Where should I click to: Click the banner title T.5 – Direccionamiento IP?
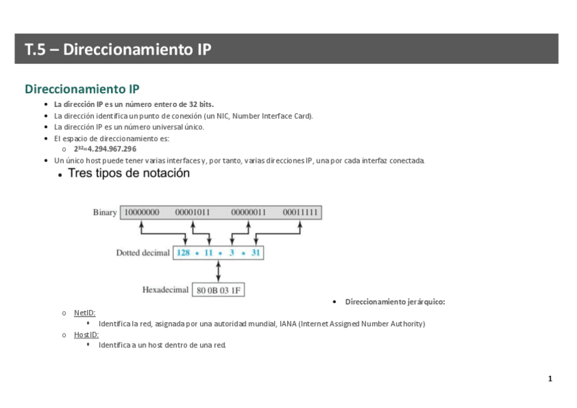118,50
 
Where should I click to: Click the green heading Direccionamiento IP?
82,89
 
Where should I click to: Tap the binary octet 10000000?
142,213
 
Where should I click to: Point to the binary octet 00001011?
193,213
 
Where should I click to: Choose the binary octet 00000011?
248,213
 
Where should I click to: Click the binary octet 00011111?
300,213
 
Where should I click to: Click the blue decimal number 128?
183,253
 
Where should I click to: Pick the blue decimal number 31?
255,253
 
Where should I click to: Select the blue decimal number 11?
208,253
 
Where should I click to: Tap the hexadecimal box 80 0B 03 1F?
218,290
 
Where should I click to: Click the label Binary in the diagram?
105,213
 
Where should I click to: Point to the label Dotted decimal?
143,253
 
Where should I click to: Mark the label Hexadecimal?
165,290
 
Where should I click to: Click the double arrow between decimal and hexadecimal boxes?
218,271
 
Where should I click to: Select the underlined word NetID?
84,313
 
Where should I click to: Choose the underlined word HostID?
86,334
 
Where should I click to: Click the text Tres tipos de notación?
129,173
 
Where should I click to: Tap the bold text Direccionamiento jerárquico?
395,302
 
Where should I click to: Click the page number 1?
550,379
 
